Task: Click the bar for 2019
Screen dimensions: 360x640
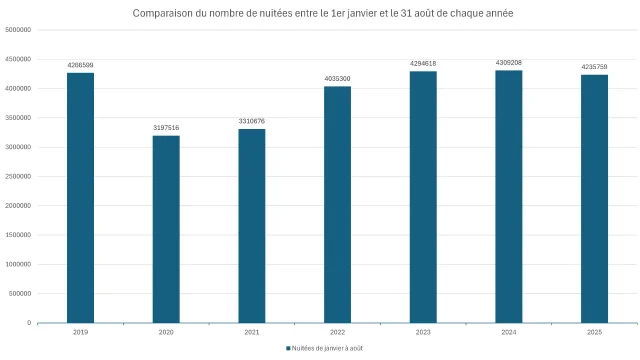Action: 80,198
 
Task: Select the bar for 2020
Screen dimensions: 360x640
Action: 166,229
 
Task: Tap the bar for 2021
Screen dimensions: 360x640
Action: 252,226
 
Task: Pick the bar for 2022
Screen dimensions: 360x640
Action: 337,205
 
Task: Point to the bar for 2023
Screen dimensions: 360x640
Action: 423,197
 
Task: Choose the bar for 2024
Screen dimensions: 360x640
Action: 509,197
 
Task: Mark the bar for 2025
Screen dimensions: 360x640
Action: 594,199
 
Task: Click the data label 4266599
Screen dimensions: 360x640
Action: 80,66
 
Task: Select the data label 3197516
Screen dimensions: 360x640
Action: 166,128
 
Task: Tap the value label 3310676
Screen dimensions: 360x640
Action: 252,121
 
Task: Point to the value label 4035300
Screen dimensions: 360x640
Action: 337,79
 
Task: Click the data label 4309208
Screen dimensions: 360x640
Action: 509,63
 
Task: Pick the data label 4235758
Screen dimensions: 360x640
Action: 594,67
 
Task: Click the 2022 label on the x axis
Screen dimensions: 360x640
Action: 337,331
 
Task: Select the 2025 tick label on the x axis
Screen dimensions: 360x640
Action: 594,331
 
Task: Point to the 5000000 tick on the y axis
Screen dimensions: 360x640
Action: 18,30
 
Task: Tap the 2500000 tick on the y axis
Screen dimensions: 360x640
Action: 18,177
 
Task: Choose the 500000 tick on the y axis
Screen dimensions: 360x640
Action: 20,294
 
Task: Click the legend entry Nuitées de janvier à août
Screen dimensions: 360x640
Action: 324,348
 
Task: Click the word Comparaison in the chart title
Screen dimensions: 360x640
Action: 165,13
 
